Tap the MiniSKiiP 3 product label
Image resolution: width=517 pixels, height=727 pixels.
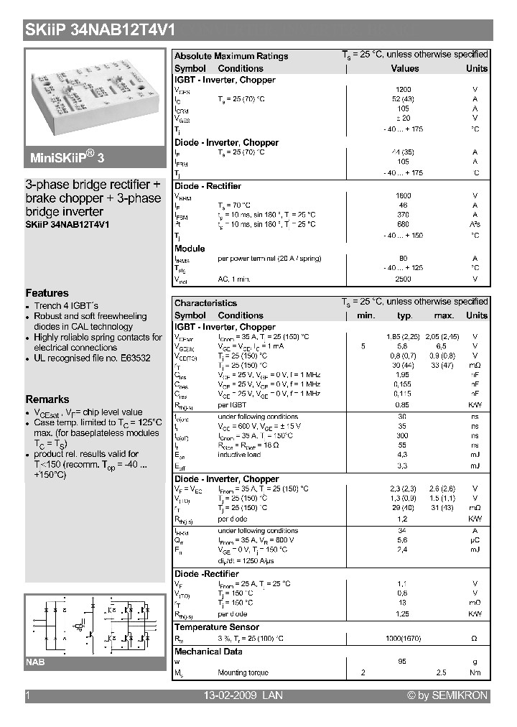69,157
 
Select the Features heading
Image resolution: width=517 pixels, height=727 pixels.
47,293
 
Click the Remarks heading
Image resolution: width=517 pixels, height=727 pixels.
47,399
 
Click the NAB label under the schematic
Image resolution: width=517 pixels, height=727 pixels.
36,662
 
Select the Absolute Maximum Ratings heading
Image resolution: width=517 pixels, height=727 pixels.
231,56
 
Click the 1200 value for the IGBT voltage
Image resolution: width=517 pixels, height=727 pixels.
404,90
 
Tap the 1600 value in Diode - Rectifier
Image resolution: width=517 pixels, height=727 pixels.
404,195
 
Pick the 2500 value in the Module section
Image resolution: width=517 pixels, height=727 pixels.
404,278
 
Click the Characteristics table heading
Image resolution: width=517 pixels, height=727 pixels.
205,303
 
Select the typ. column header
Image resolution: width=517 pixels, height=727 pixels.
404,315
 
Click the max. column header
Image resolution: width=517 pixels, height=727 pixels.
444,315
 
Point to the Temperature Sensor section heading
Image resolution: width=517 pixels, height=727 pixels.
217,627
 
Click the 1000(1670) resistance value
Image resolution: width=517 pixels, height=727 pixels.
404,638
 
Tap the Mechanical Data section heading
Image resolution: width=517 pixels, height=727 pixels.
208,652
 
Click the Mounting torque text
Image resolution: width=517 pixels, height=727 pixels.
243,673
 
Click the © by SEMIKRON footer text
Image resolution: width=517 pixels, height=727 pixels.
447,695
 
